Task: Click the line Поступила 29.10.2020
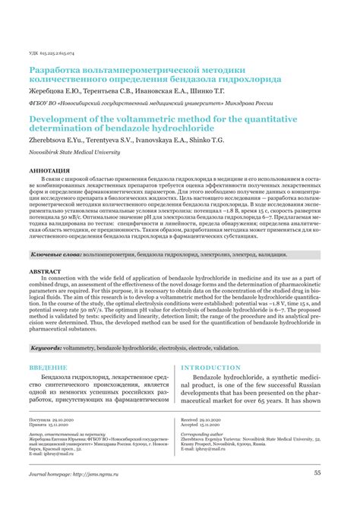52,440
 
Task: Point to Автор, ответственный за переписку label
64,454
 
